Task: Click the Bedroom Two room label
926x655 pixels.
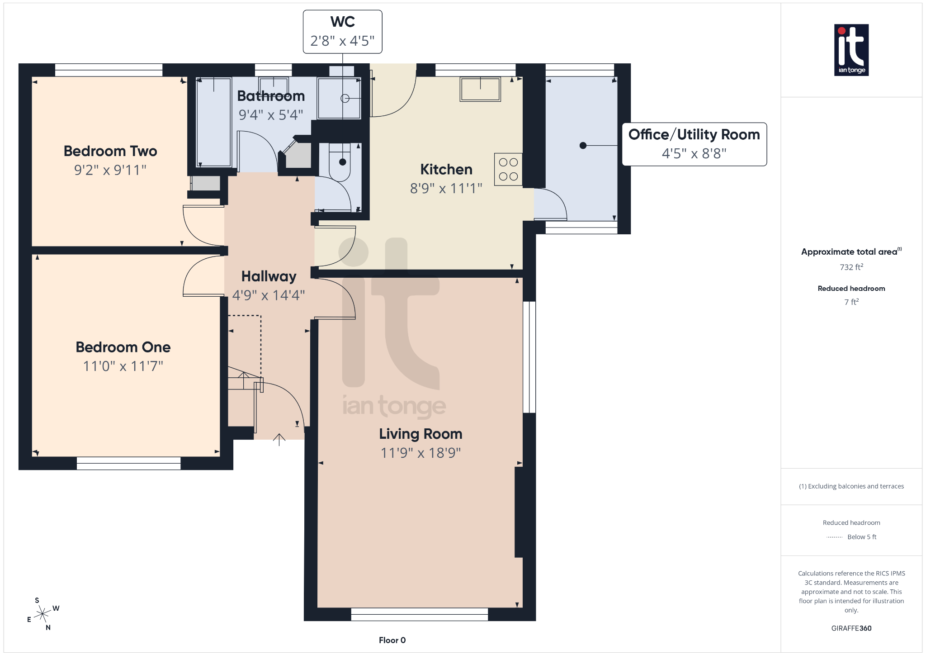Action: click(x=110, y=151)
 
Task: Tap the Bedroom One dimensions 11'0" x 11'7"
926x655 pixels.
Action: click(x=123, y=366)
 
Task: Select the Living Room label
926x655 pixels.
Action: click(x=420, y=434)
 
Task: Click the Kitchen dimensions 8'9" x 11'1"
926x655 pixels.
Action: click(x=446, y=188)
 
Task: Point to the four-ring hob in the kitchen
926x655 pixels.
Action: click(x=508, y=169)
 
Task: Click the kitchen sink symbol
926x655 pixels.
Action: click(x=480, y=89)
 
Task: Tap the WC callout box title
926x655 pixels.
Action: click(x=342, y=22)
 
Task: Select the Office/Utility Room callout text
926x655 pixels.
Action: click(x=694, y=135)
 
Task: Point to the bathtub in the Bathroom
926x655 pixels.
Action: click(x=214, y=122)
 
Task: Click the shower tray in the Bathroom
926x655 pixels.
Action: click(x=339, y=98)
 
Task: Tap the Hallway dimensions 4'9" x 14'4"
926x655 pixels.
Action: click(x=269, y=295)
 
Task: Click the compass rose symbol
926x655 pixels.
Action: click(x=43, y=614)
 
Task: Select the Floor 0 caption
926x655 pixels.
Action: click(x=392, y=640)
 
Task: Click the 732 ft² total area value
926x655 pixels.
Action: click(x=851, y=267)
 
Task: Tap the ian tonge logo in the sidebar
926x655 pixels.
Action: click(x=851, y=50)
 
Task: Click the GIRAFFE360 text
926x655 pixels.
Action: click(x=851, y=628)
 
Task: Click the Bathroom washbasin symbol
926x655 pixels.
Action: click(x=273, y=85)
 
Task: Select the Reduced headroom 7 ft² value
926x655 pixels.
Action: click(x=851, y=302)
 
